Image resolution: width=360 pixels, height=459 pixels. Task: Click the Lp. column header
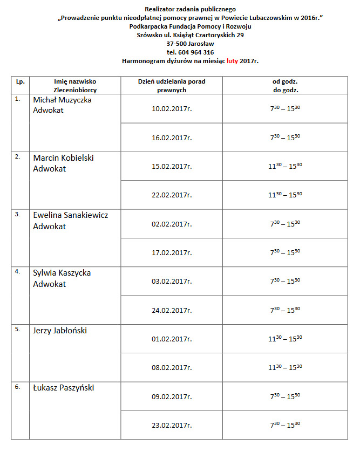pyautogui.click(x=20, y=81)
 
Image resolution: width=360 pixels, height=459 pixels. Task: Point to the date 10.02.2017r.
pyautogui.click(x=172, y=109)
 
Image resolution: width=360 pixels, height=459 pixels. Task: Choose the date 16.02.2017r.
pyautogui.click(x=172, y=138)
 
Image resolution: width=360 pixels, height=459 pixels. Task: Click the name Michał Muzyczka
pyautogui.click(x=62, y=100)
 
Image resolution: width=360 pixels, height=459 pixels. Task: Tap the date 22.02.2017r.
pyautogui.click(x=172, y=195)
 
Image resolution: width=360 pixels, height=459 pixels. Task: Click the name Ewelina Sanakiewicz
pyautogui.click(x=70, y=215)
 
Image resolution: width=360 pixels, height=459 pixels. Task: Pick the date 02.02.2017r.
pyautogui.click(x=172, y=224)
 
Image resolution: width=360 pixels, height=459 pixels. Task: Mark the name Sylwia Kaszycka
pyautogui.click(x=62, y=273)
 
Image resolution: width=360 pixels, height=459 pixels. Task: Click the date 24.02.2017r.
pyautogui.click(x=172, y=310)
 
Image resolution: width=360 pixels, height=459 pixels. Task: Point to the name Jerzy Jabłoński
pyautogui.click(x=60, y=331)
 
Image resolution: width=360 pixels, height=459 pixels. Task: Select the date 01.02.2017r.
pyautogui.click(x=172, y=339)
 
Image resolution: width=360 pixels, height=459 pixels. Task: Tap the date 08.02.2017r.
pyautogui.click(x=172, y=367)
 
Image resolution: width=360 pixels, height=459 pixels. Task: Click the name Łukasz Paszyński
pyautogui.click(x=63, y=388)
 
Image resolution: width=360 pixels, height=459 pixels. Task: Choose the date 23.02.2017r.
pyautogui.click(x=172, y=425)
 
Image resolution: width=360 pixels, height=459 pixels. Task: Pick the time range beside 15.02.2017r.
pyautogui.click(x=285, y=166)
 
